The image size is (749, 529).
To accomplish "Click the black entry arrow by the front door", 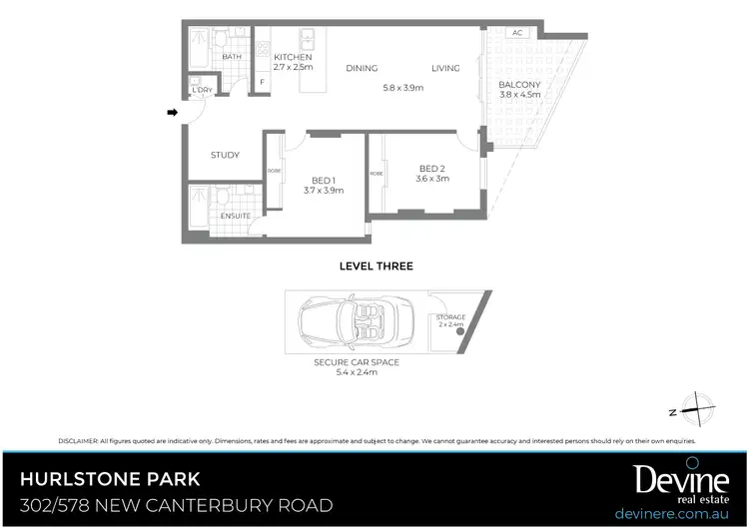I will [x=172, y=112].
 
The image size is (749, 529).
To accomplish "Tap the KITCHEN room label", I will [x=293, y=58].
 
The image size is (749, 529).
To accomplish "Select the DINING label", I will [x=362, y=69].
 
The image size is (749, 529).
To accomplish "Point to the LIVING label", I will [x=445, y=69].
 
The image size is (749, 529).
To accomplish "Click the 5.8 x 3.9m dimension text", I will [x=403, y=88].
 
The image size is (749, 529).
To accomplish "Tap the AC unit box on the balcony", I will [x=517, y=33].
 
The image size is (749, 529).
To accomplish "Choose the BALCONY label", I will [x=519, y=84].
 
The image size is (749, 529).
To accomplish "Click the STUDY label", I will [x=225, y=155].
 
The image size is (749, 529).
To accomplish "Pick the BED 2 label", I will [x=432, y=168].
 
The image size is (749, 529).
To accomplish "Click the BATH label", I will [x=232, y=57].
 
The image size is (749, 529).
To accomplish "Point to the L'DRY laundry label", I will [x=203, y=90].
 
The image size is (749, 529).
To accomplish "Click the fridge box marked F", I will [x=262, y=82].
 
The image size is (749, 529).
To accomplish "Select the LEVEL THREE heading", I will [x=376, y=266].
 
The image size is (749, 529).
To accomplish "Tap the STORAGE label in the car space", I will [x=450, y=316].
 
